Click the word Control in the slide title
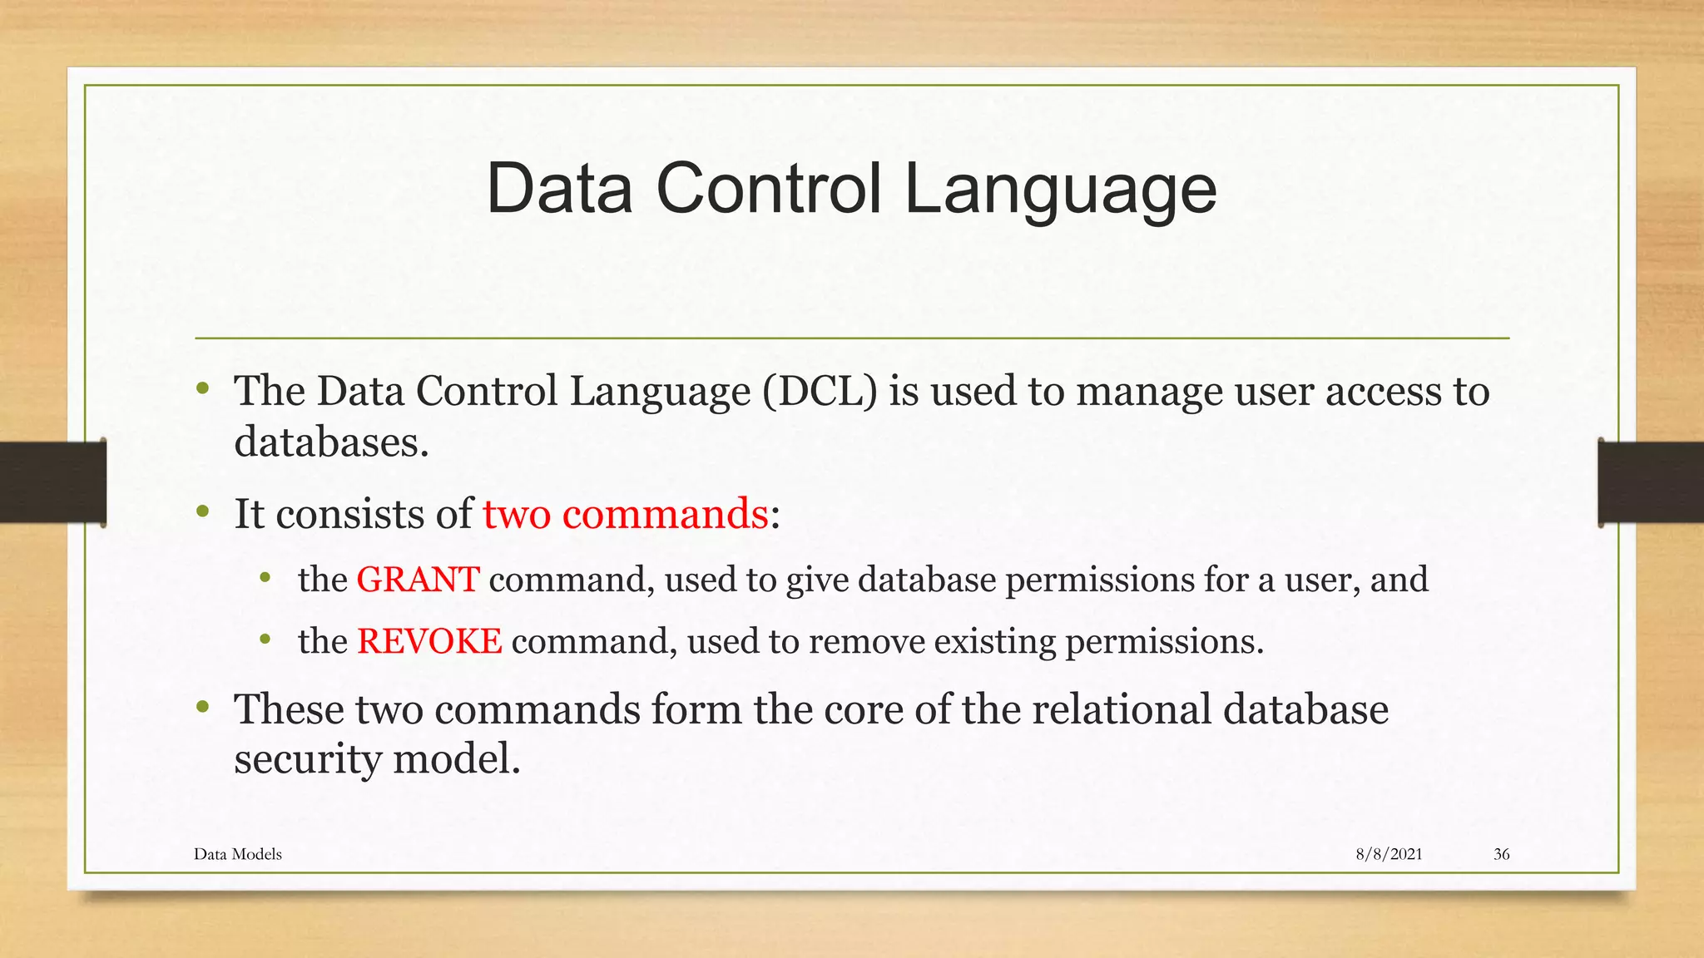point(768,189)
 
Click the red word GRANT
point(418,580)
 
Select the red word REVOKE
point(429,641)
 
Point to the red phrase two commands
point(626,514)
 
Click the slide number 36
point(1501,854)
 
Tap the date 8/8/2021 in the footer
point(1389,854)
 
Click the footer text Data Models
point(238,854)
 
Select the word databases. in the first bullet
point(331,442)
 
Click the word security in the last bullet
point(307,759)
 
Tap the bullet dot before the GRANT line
point(265,577)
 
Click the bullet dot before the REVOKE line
point(265,639)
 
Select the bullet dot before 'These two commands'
point(202,708)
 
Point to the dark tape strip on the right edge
point(1651,482)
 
